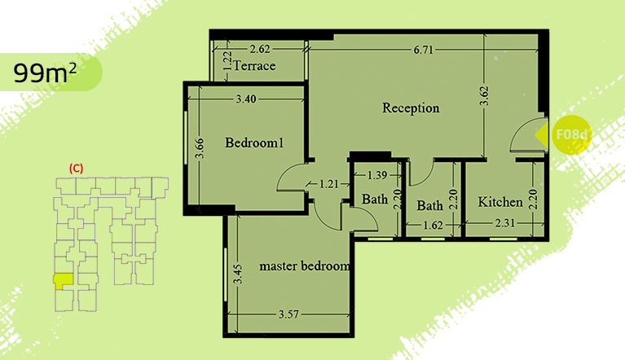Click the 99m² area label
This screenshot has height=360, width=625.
pyautogui.click(x=45, y=72)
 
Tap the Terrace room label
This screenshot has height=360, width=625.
pyautogui.click(x=254, y=66)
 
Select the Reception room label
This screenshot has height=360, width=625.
pyautogui.click(x=411, y=108)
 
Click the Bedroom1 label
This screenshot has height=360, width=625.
pyautogui.click(x=254, y=143)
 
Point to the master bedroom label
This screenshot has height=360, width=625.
pyautogui.click(x=305, y=266)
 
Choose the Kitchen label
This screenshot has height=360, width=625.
pyautogui.click(x=500, y=202)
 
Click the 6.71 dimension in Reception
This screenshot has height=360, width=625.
pyautogui.click(x=423, y=50)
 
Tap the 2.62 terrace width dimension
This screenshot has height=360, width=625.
pyautogui.click(x=259, y=49)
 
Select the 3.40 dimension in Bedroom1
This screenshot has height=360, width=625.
pyautogui.click(x=246, y=99)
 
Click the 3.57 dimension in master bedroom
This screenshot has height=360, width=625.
pyautogui.click(x=288, y=314)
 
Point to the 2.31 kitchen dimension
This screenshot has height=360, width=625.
pyautogui.click(x=505, y=223)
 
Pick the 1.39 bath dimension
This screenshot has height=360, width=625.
pyautogui.click(x=376, y=175)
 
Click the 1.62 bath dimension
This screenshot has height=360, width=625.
pyautogui.click(x=433, y=226)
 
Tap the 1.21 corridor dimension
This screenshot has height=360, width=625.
pyautogui.click(x=329, y=184)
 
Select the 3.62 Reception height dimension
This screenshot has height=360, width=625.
pyautogui.click(x=484, y=96)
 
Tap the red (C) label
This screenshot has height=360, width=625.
pyautogui.click(x=76, y=168)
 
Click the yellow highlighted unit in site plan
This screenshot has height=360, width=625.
pyautogui.click(x=63, y=281)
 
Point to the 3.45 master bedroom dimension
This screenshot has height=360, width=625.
pyautogui.click(x=237, y=274)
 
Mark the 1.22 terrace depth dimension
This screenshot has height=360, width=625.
pyautogui.click(x=227, y=61)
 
